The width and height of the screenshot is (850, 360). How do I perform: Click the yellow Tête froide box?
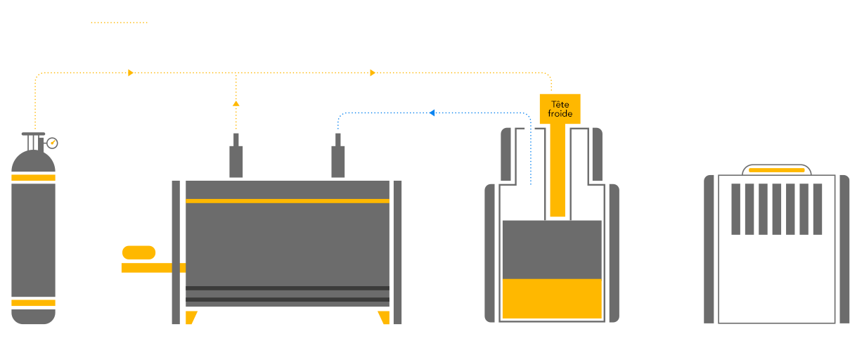click(x=560, y=109)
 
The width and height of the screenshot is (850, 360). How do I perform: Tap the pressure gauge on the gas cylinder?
click(x=51, y=143)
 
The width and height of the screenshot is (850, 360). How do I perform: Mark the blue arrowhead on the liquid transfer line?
click(x=432, y=112)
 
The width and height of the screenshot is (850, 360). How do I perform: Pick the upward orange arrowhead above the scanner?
click(x=236, y=103)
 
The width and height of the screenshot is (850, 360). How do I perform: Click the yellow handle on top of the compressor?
click(x=776, y=170)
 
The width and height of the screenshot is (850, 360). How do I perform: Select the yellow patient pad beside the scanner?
click(x=139, y=252)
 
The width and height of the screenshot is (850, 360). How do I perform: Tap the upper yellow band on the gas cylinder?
click(x=33, y=177)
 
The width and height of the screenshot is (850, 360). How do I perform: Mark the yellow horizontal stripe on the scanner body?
click(x=287, y=201)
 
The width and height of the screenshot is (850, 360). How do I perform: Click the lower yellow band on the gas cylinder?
click(x=33, y=303)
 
